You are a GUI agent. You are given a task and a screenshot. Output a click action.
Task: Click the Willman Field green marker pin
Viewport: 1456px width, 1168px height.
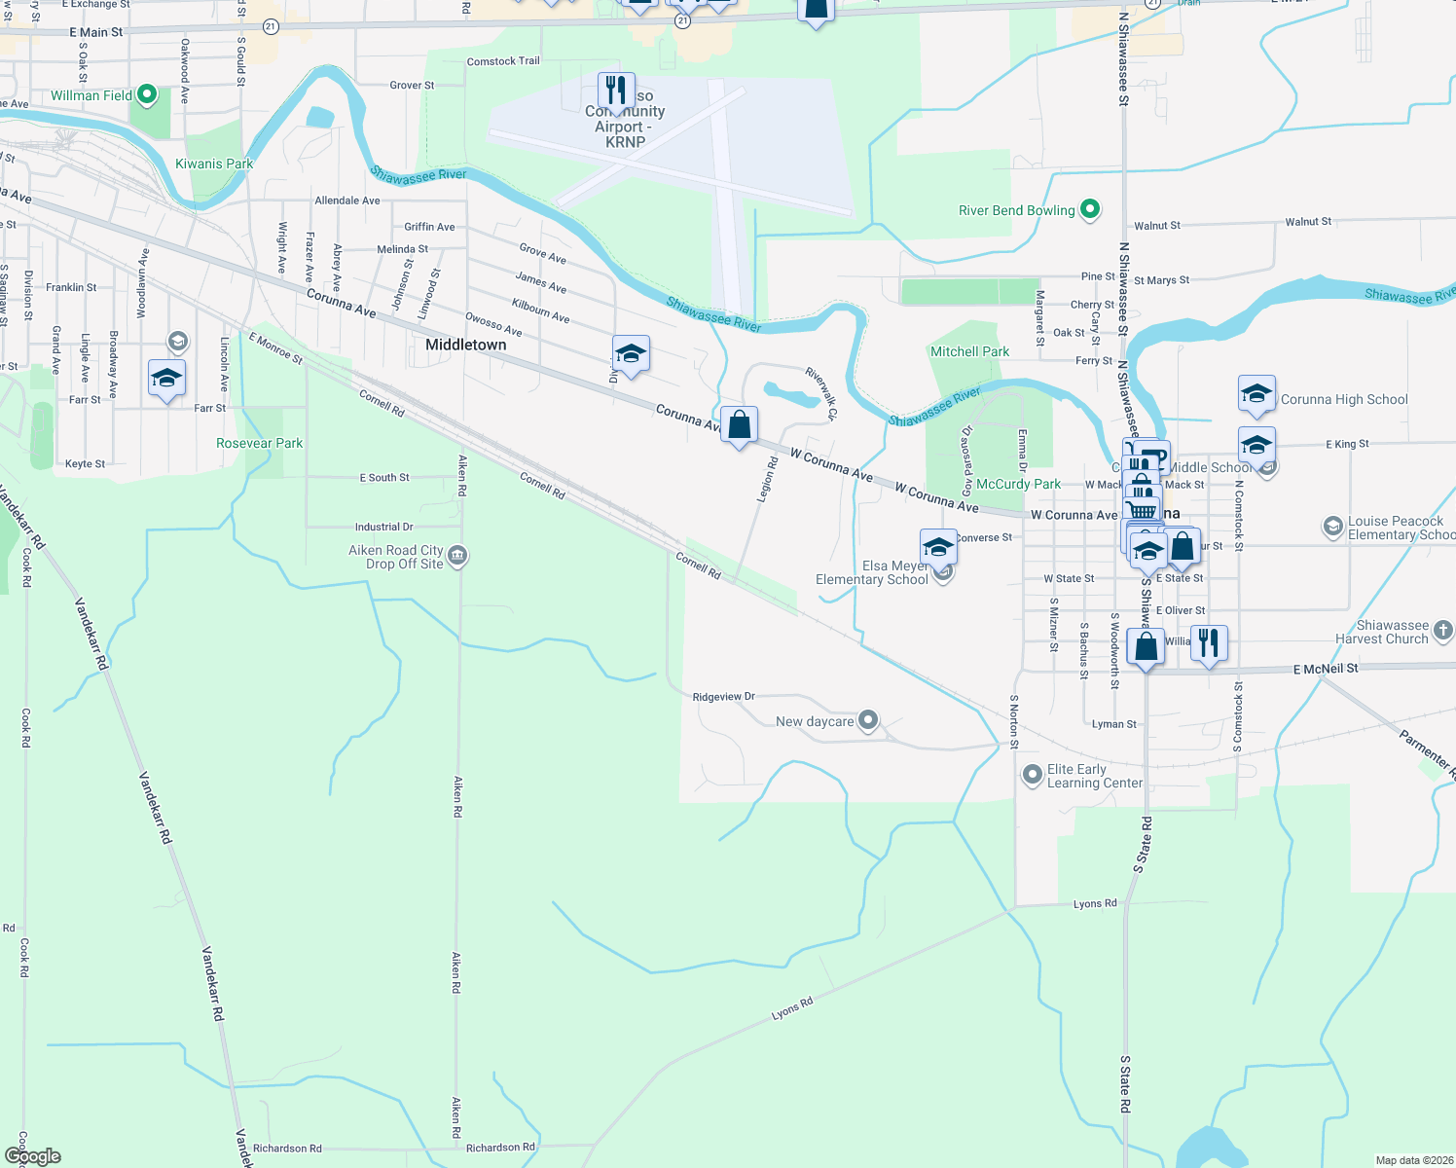[x=147, y=94]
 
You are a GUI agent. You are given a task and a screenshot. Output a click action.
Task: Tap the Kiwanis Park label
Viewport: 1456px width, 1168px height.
[x=214, y=164]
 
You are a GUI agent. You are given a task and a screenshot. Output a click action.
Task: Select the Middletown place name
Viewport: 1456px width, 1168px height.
[x=466, y=345]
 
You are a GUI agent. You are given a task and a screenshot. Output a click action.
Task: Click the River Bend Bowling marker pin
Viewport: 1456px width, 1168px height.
[x=1090, y=209]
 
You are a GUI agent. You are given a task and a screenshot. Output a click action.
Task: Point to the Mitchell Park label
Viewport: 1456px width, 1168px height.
[x=969, y=351]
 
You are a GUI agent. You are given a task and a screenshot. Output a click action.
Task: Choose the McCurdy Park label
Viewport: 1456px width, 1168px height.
[x=1018, y=484]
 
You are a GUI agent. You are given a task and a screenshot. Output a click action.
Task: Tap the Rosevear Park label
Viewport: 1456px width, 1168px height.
[x=259, y=443]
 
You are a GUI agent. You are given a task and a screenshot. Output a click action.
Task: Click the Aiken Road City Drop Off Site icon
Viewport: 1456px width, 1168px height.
[x=458, y=556]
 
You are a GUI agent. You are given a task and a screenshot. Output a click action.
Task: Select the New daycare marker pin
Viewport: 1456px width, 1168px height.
[x=868, y=720]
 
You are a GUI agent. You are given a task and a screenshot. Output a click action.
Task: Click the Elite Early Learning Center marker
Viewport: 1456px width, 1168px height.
[x=1032, y=775]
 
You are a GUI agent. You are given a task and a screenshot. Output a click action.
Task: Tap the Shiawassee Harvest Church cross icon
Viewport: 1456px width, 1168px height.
[x=1442, y=631]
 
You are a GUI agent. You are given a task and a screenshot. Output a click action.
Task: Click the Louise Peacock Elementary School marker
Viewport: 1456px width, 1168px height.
[x=1332, y=528]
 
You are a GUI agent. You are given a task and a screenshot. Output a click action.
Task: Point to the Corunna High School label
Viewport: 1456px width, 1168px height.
[x=1344, y=399]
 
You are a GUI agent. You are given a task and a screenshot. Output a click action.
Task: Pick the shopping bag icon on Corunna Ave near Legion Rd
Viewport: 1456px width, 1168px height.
[x=740, y=424]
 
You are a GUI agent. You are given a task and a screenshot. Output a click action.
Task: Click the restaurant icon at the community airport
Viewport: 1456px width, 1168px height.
[x=616, y=91]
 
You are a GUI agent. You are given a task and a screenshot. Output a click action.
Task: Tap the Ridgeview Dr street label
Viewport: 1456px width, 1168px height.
[x=723, y=697]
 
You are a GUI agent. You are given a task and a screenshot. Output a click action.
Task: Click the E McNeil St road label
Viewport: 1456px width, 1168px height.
[x=1325, y=669]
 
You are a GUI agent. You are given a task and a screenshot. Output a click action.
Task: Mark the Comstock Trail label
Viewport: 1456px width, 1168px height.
[x=503, y=61]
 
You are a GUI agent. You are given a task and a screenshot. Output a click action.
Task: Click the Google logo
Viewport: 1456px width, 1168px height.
[x=33, y=1155]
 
